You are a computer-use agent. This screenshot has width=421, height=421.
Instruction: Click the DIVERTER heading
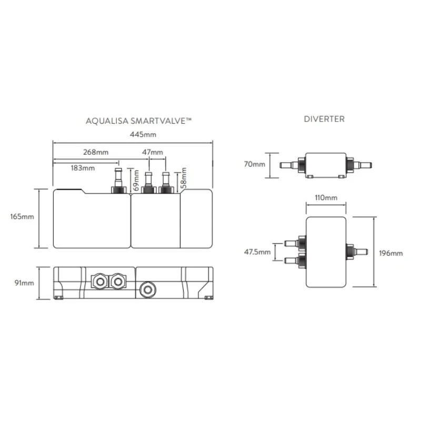click(324, 119)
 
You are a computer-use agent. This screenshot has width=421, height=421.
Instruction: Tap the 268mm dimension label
click(96, 152)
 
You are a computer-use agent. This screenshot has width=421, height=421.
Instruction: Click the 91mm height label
click(24, 283)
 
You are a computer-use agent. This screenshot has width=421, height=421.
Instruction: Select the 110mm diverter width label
click(325, 198)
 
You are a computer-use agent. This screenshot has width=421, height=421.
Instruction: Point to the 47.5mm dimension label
click(258, 252)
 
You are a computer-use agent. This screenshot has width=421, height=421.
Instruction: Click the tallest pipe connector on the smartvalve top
click(117, 178)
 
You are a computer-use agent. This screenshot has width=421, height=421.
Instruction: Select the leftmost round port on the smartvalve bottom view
click(98, 282)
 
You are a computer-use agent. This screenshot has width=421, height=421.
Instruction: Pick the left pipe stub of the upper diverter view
click(289, 165)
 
